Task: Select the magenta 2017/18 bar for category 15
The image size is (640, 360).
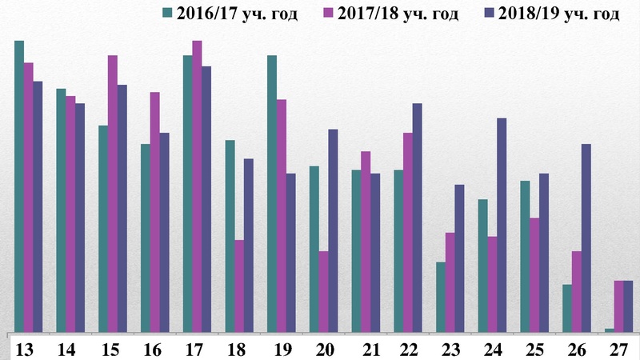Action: click(113, 193)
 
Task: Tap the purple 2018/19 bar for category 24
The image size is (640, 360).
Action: click(502, 224)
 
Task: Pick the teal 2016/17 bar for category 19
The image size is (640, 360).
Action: click(272, 193)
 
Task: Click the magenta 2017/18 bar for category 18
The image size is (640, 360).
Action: click(239, 285)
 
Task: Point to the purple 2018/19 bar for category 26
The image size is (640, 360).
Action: click(586, 237)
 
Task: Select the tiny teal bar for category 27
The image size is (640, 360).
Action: click(610, 329)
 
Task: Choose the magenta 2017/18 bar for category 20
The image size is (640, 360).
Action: click(323, 290)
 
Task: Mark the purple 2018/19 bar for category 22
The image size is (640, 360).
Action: click(417, 217)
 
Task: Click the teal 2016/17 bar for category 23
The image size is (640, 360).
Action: click(441, 296)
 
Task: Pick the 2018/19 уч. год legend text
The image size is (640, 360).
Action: click(559, 15)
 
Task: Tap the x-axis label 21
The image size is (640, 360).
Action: click(366, 350)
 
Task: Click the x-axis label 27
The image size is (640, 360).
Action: click(618, 350)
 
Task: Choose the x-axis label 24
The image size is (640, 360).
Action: click(492, 350)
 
